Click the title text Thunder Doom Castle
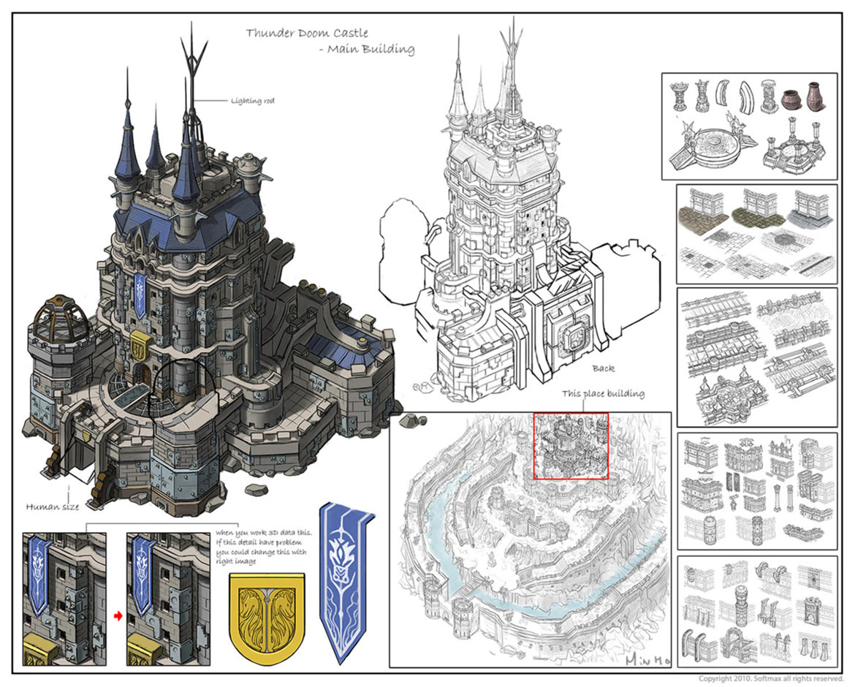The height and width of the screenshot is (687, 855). click(x=306, y=33)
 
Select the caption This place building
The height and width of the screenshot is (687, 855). click(x=603, y=394)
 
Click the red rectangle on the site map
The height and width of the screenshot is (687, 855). click(x=571, y=446)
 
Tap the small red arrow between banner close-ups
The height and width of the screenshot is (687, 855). click(x=117, y=616)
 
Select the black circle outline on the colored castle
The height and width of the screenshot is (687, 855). click(x=179, y=386)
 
